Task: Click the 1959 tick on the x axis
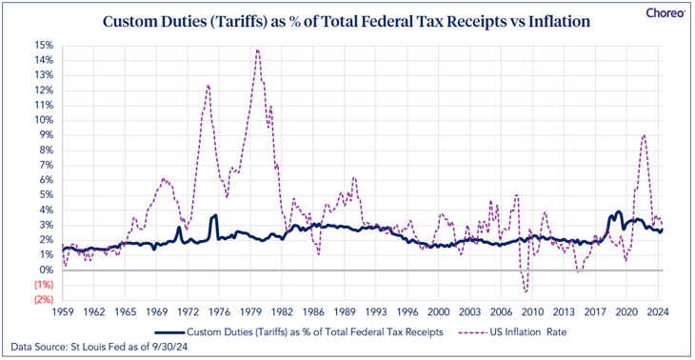63,311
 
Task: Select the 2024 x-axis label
658,311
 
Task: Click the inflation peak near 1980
257,50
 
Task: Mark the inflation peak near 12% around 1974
208,85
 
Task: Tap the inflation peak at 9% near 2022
644,135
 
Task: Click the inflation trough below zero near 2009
526,291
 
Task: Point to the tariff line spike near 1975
215,215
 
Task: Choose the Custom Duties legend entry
299,332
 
